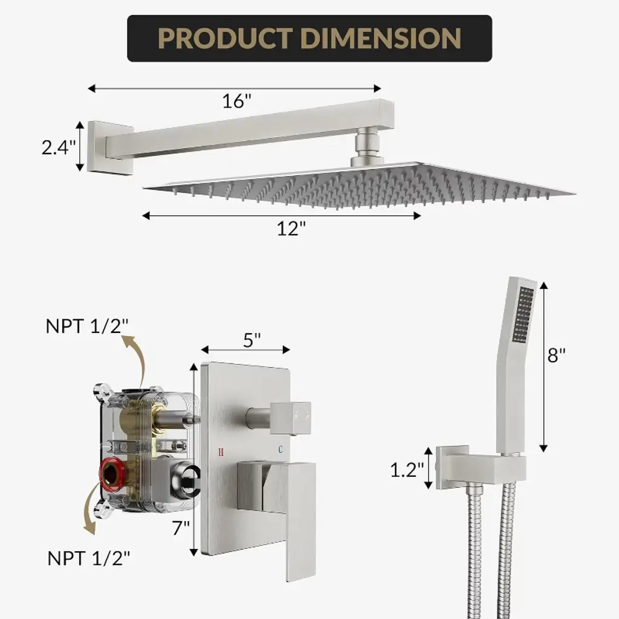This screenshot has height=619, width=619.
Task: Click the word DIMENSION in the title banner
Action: coord(381,38)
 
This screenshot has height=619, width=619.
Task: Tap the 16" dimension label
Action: coord(236,101)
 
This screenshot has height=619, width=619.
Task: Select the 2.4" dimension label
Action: coord(59,147)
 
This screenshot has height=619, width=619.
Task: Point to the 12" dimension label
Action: coord(291,228)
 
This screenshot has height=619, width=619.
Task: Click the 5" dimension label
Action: coord(252,340)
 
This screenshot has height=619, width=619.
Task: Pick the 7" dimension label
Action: coord(181,528)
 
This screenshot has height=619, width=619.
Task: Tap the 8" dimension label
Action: coord(556,355)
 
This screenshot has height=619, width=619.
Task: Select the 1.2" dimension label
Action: coord(407,470)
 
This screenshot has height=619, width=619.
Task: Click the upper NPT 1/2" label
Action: coord(87,326)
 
